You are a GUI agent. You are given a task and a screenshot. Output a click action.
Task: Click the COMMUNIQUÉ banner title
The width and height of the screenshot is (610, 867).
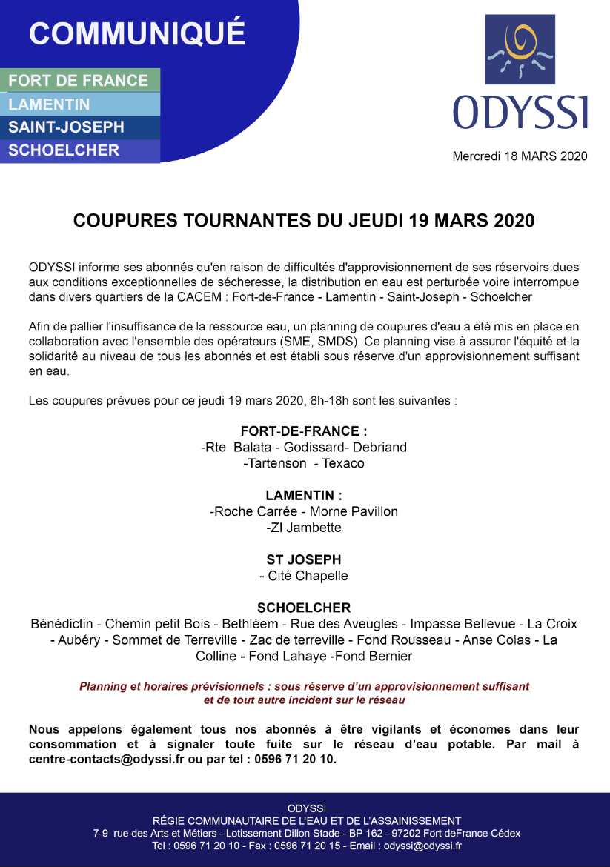coord(136,33)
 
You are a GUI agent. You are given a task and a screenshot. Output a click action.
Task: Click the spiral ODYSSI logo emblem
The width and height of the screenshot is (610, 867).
coord(520,48)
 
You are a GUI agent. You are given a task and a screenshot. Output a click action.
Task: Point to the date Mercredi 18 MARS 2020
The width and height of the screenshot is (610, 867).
coord(520,156)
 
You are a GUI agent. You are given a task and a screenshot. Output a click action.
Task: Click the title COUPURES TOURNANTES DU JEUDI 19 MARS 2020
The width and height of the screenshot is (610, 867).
coord(304,221)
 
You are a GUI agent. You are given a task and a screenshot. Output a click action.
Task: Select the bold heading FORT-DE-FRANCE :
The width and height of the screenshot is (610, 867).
coord(304,431)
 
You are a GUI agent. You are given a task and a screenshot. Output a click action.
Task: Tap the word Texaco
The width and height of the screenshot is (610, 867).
coord(343,464)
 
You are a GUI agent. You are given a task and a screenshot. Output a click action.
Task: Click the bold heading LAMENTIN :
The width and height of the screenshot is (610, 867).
coord(304,495)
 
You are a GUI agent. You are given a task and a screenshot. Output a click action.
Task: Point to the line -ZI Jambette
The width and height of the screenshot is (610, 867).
coord(304,528)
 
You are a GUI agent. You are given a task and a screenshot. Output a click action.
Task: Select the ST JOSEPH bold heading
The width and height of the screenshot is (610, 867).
coord(304,559)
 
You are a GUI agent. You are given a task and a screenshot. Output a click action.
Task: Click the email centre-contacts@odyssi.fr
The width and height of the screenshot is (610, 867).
coord(106,760)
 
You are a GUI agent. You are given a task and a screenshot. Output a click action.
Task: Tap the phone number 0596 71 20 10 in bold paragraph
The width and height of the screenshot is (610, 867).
coord(299,760)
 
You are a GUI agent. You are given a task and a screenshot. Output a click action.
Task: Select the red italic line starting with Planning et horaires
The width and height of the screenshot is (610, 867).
coord(304,687)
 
